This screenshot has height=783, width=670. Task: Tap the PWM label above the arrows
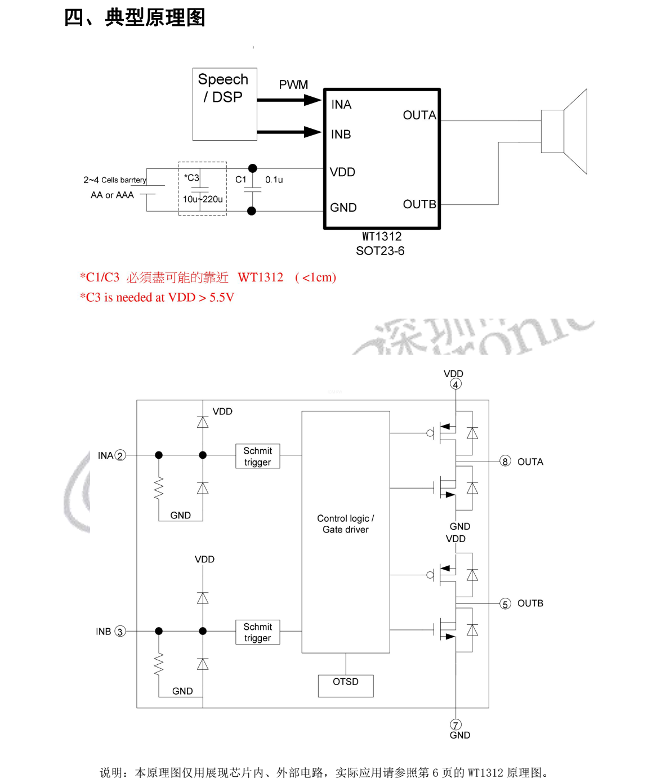pos(293,84)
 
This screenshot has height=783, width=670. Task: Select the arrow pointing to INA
pos(289,100)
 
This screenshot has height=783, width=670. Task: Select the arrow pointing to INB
pos(289,132)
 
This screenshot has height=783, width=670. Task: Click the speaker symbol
pos(564,132)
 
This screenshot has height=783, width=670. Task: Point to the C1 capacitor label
pos(240,179)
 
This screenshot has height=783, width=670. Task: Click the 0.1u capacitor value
pos(274,180)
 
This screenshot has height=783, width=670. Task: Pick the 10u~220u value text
pos(203,199)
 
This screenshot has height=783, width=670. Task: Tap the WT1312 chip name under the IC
pos(382,236)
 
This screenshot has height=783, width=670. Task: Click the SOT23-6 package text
pos(380,250)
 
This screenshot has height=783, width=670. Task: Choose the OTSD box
pos(346,686)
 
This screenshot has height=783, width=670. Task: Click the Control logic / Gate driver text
pos(345,524)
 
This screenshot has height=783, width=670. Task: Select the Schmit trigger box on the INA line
pos(258,456)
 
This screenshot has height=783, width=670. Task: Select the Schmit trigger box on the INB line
pos(258,632)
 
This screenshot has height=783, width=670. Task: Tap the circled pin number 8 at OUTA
pos(505,462)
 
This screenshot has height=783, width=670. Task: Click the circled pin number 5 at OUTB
pos(505,604)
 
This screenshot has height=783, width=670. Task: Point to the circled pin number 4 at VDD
pos(455,384)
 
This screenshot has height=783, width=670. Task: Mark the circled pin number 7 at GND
pos(455,724)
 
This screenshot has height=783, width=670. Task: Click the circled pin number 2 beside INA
pos(120,455)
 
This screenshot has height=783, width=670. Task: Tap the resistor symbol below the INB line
pos(159,664)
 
